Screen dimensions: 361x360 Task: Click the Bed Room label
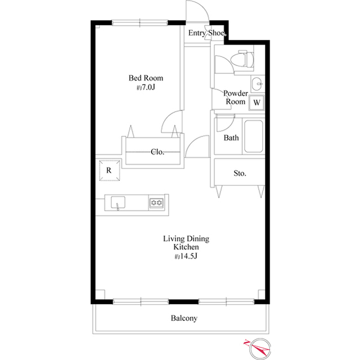[146, 78]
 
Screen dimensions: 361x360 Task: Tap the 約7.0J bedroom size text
[146, 87]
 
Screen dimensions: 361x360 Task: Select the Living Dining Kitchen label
[186, 243]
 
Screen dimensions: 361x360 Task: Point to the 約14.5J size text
[186, 256]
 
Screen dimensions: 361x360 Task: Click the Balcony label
[184, 318]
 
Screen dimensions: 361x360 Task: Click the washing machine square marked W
[257, 103]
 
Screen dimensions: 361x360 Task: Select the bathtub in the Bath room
[253, 136]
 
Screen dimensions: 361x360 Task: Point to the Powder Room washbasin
[257, 83]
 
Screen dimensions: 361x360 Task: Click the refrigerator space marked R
[109, 170]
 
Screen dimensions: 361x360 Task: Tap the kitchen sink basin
[118, 202]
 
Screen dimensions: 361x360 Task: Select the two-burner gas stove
[157, 203]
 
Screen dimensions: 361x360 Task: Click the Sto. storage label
[240, 173]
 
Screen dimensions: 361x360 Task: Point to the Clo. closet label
[157, 152]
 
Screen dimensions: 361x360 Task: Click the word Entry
[197, 33]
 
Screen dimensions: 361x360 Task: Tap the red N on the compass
[246, 343]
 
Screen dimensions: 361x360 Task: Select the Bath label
[231, 137]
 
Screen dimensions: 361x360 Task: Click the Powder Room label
[236, 97]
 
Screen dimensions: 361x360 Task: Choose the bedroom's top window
[140, 23]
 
